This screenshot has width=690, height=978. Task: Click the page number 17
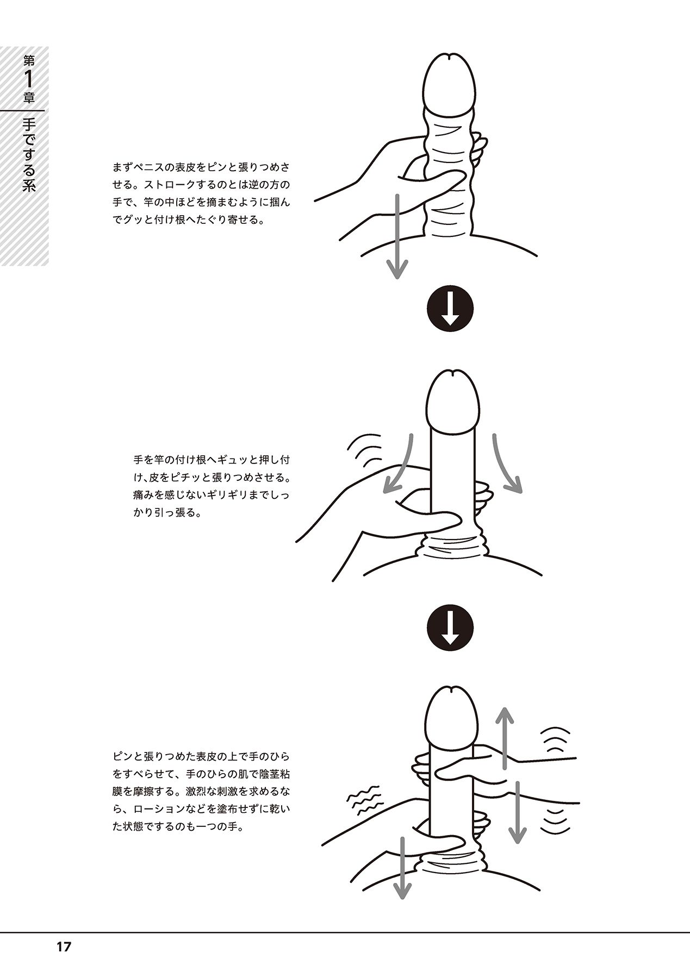click(x=63, y=947)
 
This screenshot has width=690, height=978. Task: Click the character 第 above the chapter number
click(x=29, y=60)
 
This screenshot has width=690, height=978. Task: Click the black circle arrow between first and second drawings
click(x=450, y=309)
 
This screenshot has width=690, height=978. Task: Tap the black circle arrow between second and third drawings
click(x=450, y=628)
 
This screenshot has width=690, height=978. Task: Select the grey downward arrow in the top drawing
click(x=397, y=236)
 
